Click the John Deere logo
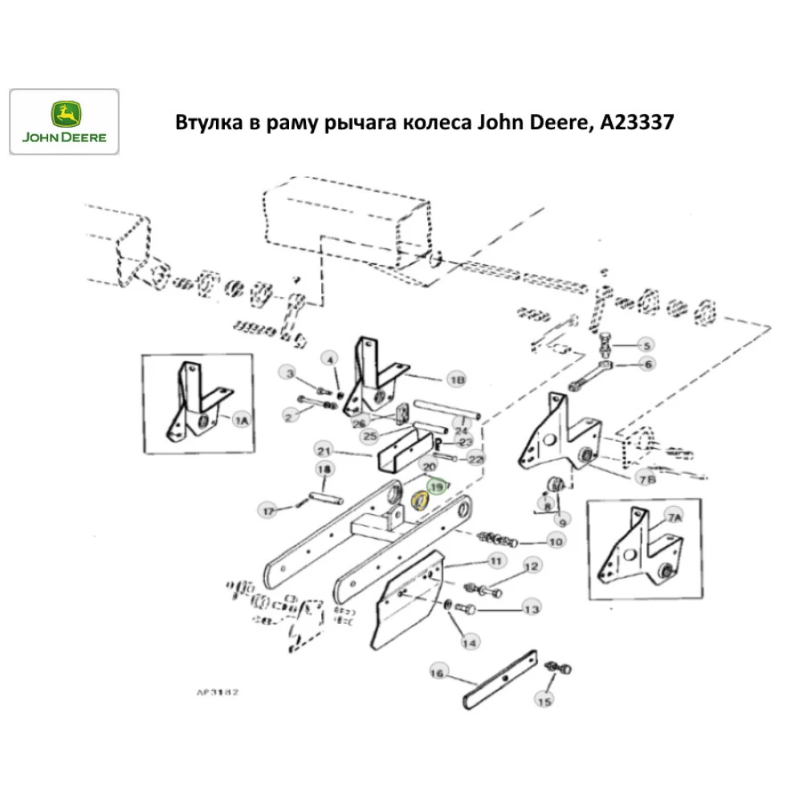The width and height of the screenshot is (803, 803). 64,121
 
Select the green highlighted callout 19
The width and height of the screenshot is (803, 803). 438,487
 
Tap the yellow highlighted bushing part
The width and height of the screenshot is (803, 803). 419,502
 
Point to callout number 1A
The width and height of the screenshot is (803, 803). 241,420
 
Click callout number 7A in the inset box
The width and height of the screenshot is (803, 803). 673,518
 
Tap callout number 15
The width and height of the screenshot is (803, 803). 544,701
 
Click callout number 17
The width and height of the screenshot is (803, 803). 267,509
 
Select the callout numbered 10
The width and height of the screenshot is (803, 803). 555,541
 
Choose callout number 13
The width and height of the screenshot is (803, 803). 532,610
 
